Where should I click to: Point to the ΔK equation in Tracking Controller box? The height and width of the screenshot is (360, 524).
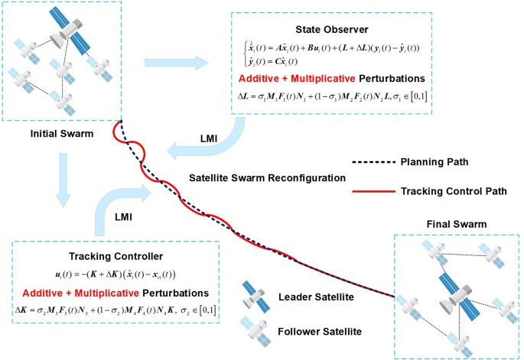tap(114, 311)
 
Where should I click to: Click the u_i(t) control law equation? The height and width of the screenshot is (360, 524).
tap(114, 274)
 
